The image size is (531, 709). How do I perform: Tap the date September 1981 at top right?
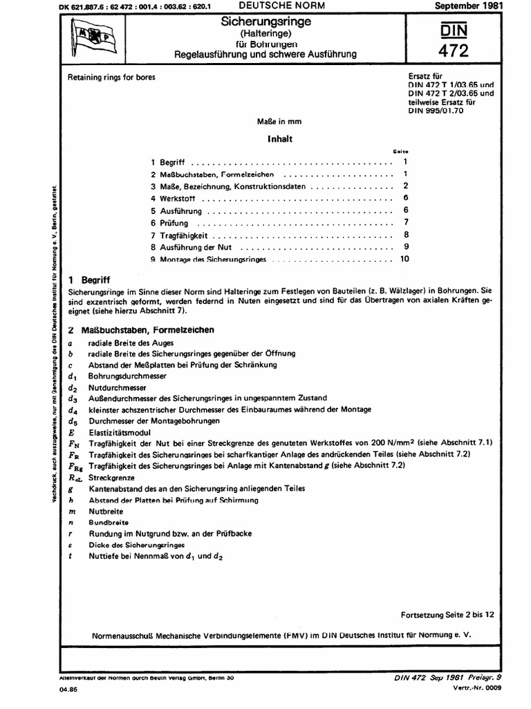(468, 6)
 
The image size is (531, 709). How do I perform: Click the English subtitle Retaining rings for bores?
(110, 78)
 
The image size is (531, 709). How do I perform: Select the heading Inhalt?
(281, 138)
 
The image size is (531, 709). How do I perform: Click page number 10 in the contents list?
(404, 259)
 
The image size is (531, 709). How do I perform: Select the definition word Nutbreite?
(102, 510)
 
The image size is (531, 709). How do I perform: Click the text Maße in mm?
(279, 122)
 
